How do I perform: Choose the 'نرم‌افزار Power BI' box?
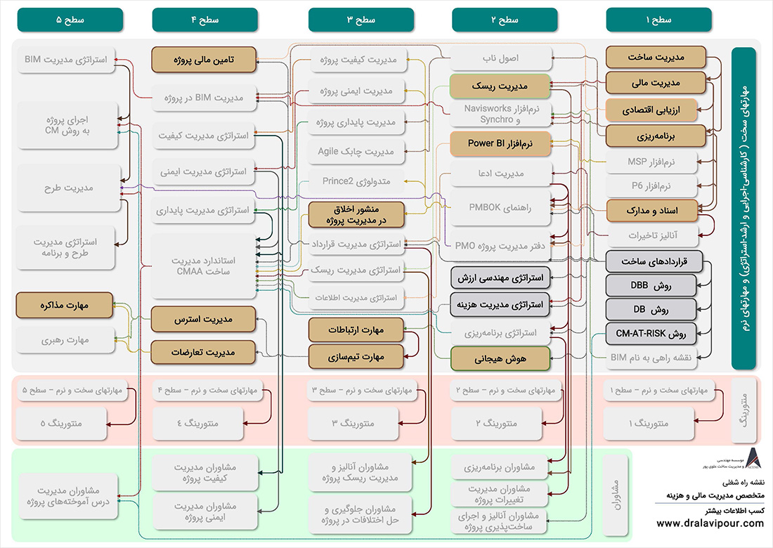point(500,143)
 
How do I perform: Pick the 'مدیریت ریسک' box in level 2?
point(500,86)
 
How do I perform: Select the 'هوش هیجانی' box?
point(500,358)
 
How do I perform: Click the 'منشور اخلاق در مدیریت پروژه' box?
point(356,214)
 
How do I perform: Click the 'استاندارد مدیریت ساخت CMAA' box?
point(204,266)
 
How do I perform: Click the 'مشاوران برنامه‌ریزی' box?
point(500,467)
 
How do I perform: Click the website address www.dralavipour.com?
point(710,523)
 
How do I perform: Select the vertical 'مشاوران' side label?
point(743,496)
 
